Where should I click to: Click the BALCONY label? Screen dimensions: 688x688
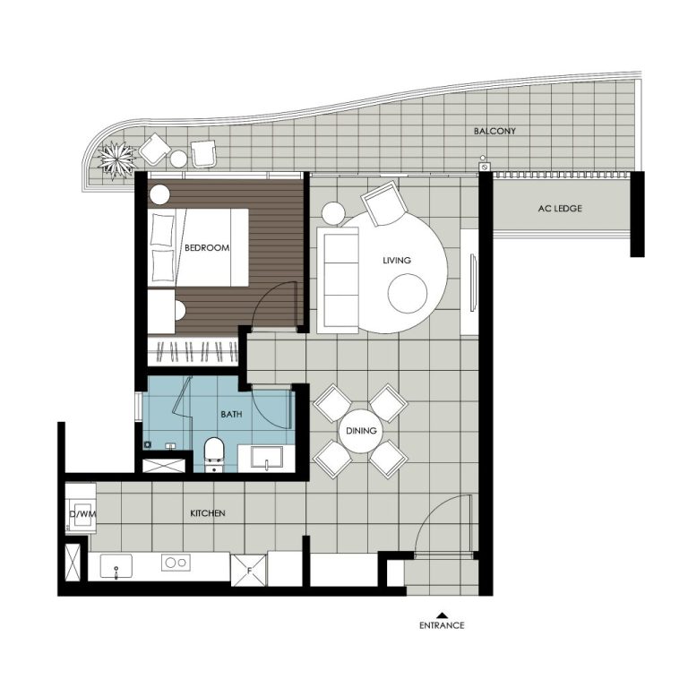(x=494, y=131)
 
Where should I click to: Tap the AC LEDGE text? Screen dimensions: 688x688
(x=560, y=209)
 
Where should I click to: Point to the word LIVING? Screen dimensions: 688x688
(x=396, y=261)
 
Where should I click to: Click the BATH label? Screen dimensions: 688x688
(x=231, y=415)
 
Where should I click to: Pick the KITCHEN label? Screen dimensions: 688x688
(x=207, y=513)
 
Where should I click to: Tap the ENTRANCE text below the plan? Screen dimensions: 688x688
(x=442, y=625)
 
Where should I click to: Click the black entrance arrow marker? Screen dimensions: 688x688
(x=442, y=614)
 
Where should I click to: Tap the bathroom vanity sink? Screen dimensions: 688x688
(x=268, y=458)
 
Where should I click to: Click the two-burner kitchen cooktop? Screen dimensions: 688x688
(x=175, y=563)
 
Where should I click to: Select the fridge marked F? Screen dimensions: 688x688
(x=247, y=569)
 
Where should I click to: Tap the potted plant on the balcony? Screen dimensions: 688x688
(x=116, y=159)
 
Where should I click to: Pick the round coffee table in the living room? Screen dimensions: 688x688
(x=408, y=292)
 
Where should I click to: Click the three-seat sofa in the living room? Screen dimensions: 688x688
(x=340, y=279)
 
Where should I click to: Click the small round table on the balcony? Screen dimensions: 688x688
(x=179, y=159)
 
